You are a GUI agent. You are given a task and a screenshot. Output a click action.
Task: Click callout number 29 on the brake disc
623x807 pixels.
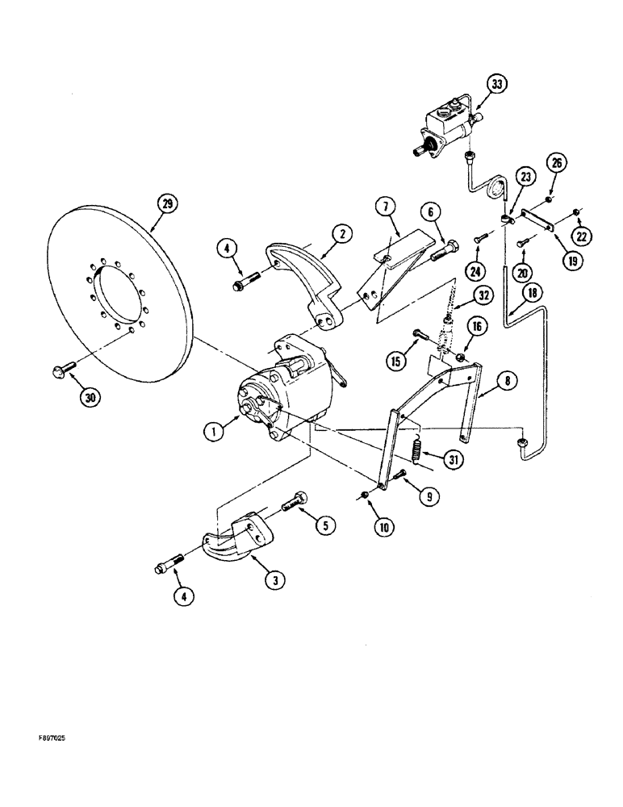coord(167,204)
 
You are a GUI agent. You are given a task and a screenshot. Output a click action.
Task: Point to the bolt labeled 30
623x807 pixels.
coord(65,370)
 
